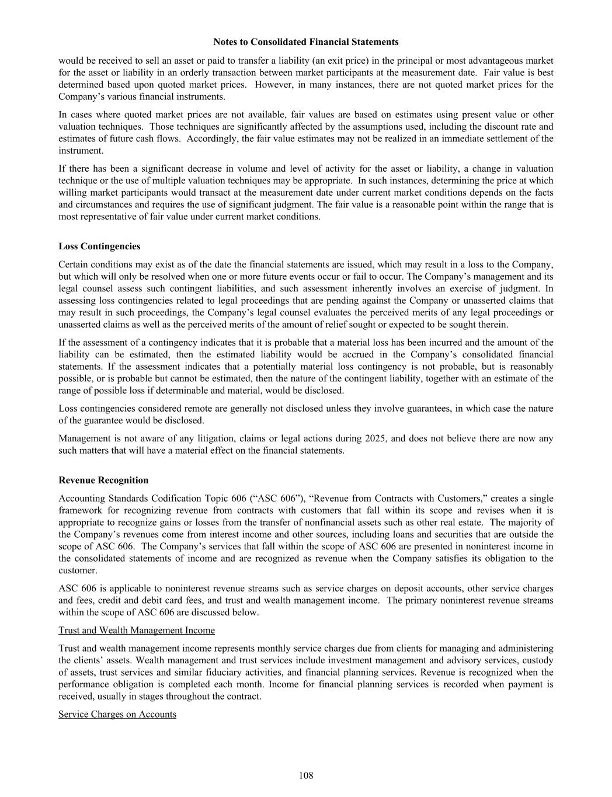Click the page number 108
click(x=305, y=775)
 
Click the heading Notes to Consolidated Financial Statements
click(x=305, y=42)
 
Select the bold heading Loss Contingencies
click(x=99, y=246)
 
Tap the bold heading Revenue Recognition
click(x=103, y=480)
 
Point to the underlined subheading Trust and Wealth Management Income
click(x=137, y=630)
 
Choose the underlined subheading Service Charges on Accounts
click(x=117, y=714)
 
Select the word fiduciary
click(x=201, y=672)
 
